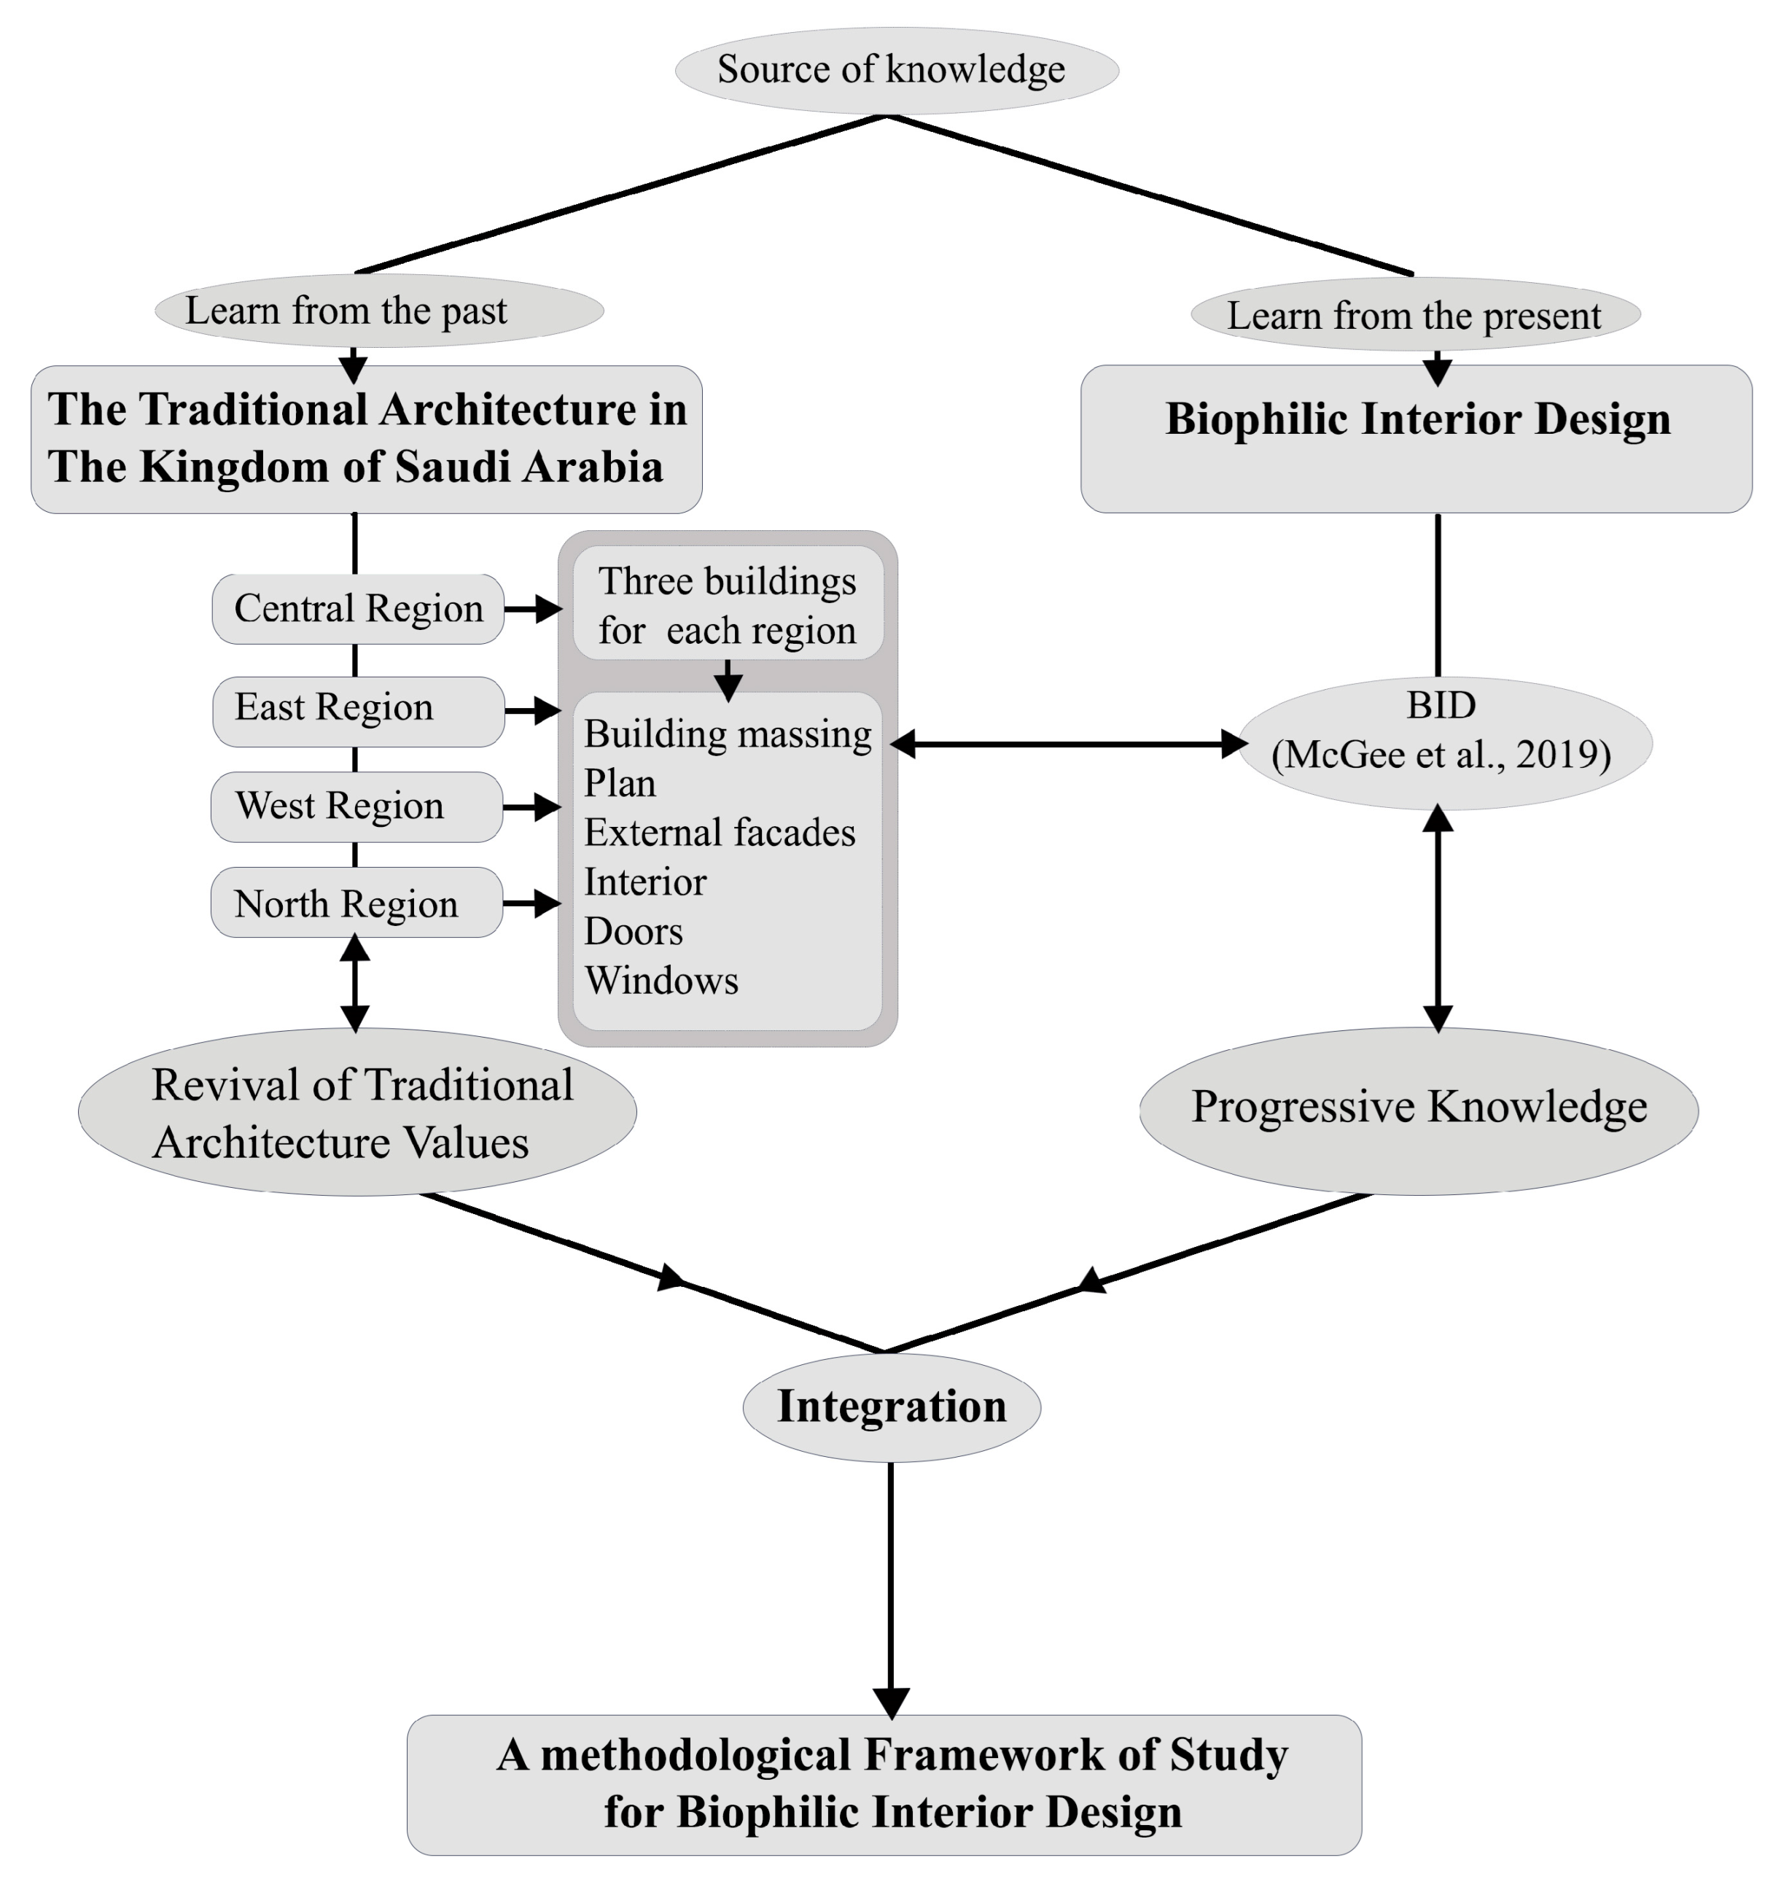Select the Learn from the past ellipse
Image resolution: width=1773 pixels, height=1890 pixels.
[378, 311]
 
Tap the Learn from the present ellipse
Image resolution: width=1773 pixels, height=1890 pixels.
[1414, 315]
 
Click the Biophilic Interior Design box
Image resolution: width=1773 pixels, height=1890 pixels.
[1416, 438]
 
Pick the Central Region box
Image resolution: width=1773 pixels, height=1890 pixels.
[357, 608]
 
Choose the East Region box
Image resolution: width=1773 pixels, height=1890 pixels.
[357, 710]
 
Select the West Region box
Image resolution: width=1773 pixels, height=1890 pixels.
[356, 806]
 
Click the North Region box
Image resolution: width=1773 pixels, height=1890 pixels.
[356, 902]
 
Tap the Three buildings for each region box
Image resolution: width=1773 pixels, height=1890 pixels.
[728, 604]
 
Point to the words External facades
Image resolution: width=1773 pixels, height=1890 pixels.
[719, 833]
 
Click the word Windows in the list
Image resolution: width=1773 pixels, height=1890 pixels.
[661, 980]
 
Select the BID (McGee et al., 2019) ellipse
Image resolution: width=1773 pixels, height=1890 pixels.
[1443, 742]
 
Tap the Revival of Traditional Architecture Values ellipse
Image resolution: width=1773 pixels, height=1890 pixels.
[357, 1111]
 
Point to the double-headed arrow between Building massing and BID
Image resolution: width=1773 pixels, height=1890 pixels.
[1067, 744]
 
